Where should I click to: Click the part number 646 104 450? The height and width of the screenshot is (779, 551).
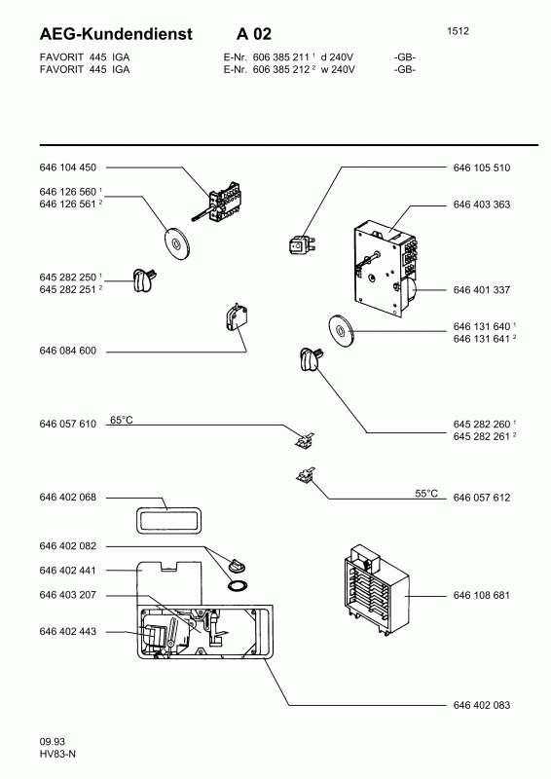[x=67, y=167]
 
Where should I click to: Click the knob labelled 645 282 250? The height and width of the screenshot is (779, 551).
[x=145, y=280]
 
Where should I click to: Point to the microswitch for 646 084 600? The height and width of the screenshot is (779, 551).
[x=237, y=318]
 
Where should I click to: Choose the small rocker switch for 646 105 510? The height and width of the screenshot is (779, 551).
[x=302, y=244]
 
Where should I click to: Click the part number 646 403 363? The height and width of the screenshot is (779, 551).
[x=482, y=204]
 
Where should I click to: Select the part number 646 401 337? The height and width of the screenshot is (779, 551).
[x=482, y=289]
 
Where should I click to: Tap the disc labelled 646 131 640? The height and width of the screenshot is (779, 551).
[x=341, y=330]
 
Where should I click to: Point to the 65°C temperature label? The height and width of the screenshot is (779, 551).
[x=122, y=421]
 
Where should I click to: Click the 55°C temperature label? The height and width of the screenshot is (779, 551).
[x=426, y=494]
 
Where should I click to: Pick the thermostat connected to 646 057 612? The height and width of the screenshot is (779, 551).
[x=305, y=475]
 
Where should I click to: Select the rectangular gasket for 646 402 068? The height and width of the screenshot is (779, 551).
[x=169, y=521]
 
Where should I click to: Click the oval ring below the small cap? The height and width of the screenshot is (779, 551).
[x=238, y=585]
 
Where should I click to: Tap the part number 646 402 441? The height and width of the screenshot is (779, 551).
[x=67, y=571]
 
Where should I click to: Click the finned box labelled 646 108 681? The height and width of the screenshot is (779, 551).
[x=376, y=590]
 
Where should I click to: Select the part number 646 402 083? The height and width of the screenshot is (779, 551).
[x=482, y=705]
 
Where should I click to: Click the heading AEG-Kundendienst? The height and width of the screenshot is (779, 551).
[x=116, y=34]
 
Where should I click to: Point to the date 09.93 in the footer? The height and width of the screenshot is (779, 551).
[x=53, y=742]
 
